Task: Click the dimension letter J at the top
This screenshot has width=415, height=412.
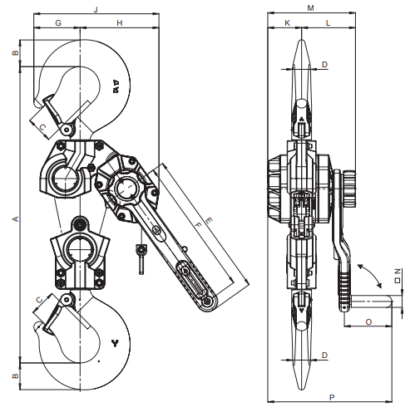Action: (96, 10)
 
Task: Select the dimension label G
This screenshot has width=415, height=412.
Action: (58, 23)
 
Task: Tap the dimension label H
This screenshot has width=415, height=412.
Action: (120, 23)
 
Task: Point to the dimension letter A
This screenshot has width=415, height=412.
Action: (16, 218)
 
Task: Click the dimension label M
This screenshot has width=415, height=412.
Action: (311, 8)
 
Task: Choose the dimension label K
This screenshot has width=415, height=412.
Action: (287, 23)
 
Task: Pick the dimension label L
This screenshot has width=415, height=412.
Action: (328, 23)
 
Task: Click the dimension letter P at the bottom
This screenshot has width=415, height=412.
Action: (332, 398)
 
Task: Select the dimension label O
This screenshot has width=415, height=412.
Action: (368, 322)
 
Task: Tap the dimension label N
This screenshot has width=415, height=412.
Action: (398, 272)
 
